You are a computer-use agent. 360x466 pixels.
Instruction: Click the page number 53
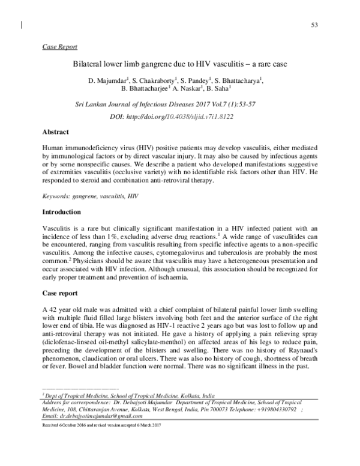click(x=314, y=24)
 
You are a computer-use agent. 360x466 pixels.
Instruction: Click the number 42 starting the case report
click(x=52, y=308)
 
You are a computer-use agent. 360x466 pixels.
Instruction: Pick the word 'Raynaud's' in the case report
click(x=301, y=349)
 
